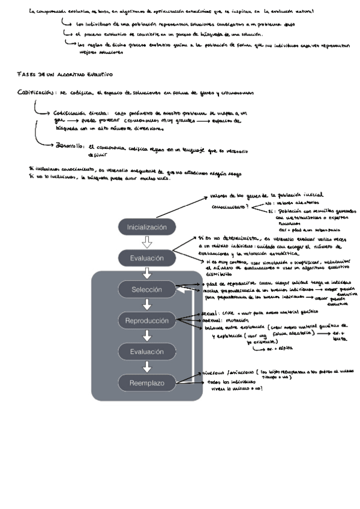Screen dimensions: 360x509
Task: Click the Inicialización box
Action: [x=147, y=228]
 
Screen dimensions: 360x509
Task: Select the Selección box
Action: [x=147, y=290]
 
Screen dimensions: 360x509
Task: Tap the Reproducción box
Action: [x=147, y=321]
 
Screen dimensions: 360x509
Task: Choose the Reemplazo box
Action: [x=147, y=382]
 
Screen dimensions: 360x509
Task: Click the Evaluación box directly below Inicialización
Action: [x=147, y=259]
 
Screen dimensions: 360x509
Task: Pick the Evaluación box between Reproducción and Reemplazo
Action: [x=147, y=352]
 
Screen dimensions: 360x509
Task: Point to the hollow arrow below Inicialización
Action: [x=147, y=243]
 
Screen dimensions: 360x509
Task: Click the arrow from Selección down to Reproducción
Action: [x=147, y=306]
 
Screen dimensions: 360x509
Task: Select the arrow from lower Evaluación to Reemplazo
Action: [x=147, y=367]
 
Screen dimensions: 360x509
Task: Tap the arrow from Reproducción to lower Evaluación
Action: [x=147, y=336]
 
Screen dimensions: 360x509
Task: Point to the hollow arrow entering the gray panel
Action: [x=147, y=274]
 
